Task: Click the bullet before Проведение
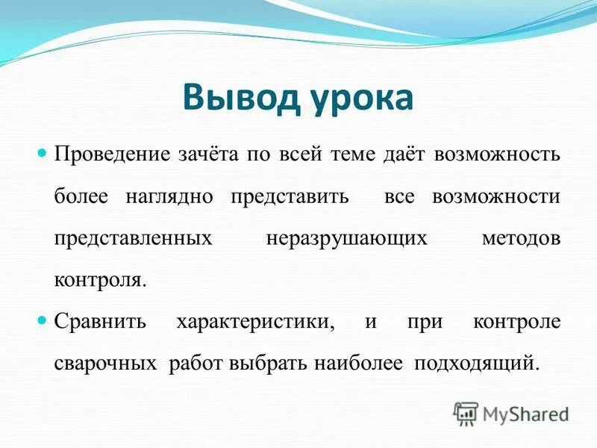pyautogui.click(x=42, y=153)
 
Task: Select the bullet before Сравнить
pyautogui.click(x=42, y=320)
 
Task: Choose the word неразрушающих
pyautogui.click(x=346, y=238)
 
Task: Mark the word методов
pyautogui.click(x=520, y=238)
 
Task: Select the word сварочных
pyautogui.click(x=105, y=364)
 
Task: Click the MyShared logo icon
pyautogui.click(x=466, y=412)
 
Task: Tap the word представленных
pyautogui.click(x=131, y=238)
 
